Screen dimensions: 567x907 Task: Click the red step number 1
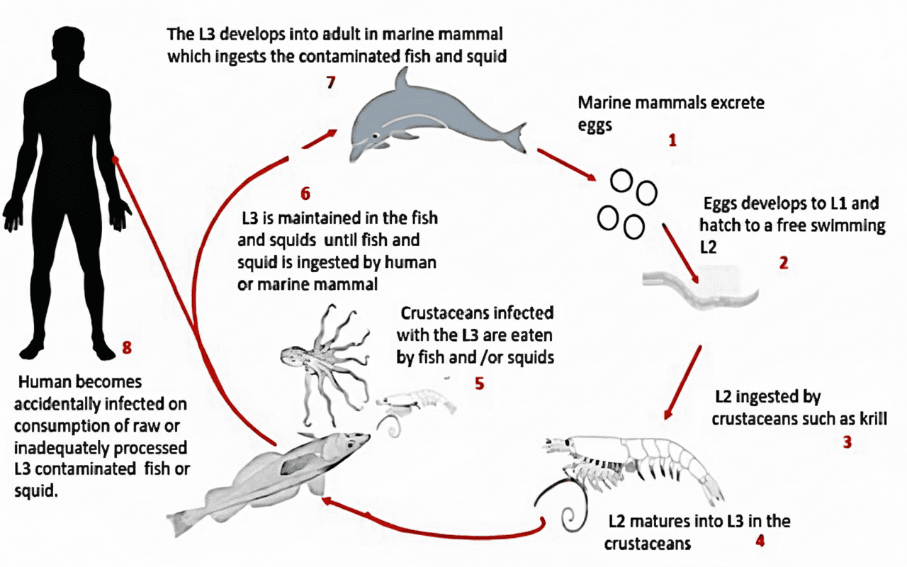click(x=672, y=140)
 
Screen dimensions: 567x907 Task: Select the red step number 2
click(x=783, y=262)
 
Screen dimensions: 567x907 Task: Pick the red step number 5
click(x=479, y=383)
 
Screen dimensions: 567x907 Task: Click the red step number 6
click(x=305, y=193)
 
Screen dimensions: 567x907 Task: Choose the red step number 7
click(x=330, y=82)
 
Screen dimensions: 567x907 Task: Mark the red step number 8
click(x=127, y=347)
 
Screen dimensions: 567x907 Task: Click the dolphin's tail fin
click(x=517, y=137)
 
